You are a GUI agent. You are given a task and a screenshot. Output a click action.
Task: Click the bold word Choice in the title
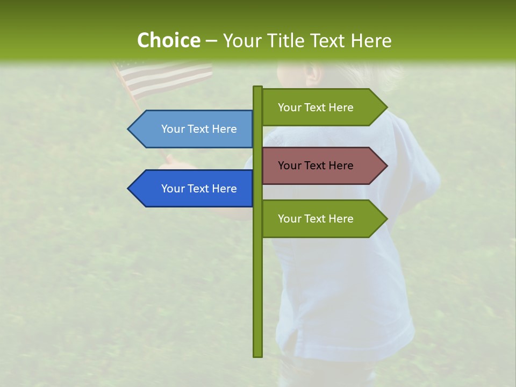pos(168,40)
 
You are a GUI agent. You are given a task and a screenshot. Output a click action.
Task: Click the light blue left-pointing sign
pos(193,129)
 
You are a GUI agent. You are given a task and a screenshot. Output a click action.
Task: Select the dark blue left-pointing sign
pos(193,189)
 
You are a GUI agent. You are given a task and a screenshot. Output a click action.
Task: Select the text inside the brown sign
pos(316,166)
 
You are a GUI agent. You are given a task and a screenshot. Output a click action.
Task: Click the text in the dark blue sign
pos(199,189)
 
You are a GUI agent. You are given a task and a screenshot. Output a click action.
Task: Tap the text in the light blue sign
pos(199,129)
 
